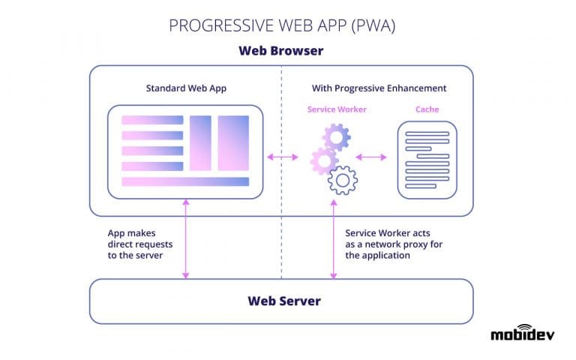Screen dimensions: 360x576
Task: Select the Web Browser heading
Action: point(281,51)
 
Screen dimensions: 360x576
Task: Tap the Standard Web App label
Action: point(186,88)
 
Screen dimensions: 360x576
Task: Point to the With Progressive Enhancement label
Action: point(379,88)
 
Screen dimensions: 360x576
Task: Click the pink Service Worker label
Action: point(337,109)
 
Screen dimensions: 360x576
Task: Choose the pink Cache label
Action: point(427,109)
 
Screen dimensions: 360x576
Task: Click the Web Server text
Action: point(284,301)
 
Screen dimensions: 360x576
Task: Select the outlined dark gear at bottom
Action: point(343,180)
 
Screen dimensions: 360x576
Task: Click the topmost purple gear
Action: point(336,137)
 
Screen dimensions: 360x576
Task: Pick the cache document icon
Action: point(427,160)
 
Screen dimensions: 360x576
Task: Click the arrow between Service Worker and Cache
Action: point(371,157)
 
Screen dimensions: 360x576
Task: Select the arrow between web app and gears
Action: point(283,157)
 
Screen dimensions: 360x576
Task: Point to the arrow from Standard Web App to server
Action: point(185,238)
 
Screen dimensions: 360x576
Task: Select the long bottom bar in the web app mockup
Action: point(185,181)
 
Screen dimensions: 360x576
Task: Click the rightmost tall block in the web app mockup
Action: point(233,142)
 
